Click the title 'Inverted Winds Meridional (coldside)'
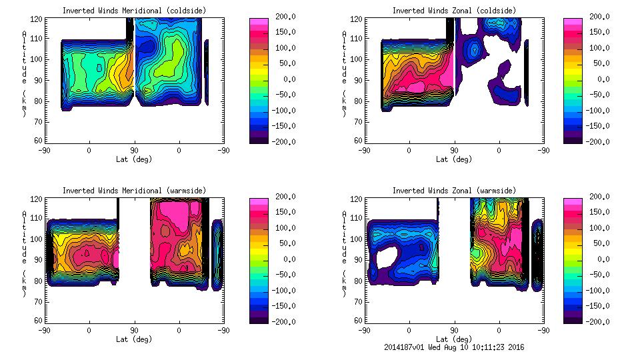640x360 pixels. pyautogui.click(x=134, y=11)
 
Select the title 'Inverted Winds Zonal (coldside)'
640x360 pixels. pyautogui.click(x=453, y=11)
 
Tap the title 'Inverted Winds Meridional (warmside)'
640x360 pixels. pyautogui.click(x=134, y=191)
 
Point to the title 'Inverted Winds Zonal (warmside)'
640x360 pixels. pyautogui.click(x=453, y=191)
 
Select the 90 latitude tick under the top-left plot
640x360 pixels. pyautogui.click(x=134, y=150)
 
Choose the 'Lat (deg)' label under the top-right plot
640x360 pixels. pyautogui.click(x=453, y=159)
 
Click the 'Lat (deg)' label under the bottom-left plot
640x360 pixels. pyautogui.click(x=134, y=339)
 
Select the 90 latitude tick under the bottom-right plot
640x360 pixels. pyautogui.click(x=454, y=330)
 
